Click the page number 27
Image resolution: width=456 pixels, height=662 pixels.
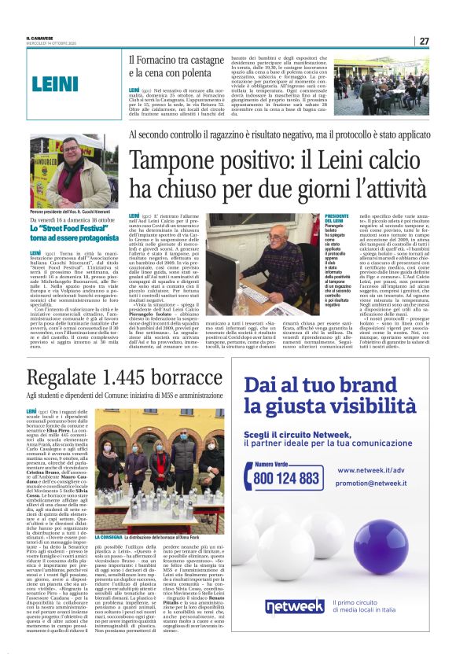tap(423, 41)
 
